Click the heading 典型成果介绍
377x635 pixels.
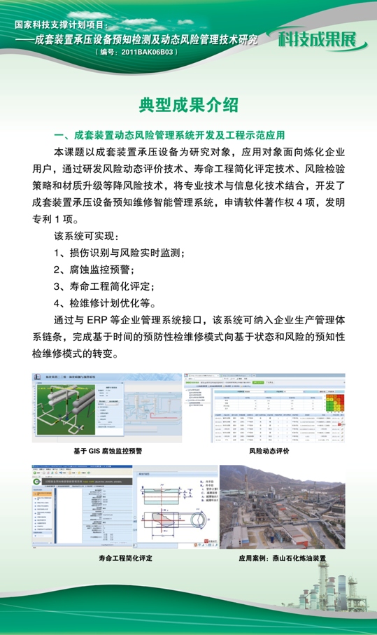[188, 106]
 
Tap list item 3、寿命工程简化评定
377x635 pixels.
[104, 286]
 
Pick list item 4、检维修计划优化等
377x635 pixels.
[104, 302]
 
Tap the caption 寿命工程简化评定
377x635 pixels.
[126, 559]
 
